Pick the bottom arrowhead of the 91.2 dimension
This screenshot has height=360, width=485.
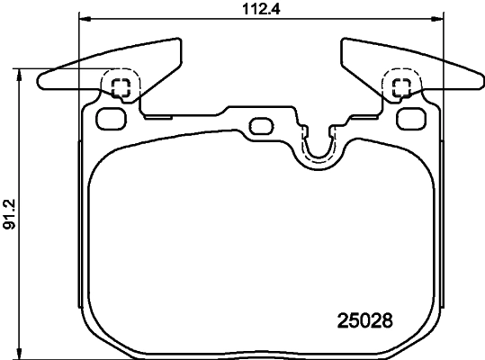click(20, 354)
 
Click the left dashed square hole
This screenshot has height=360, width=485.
click(121, 87)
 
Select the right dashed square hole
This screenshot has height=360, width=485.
click(401, 87)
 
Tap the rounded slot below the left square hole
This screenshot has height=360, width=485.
click(111, 117)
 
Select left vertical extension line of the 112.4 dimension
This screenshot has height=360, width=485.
click(80, 54)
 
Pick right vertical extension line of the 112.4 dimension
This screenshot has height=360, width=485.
click(444, 54)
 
